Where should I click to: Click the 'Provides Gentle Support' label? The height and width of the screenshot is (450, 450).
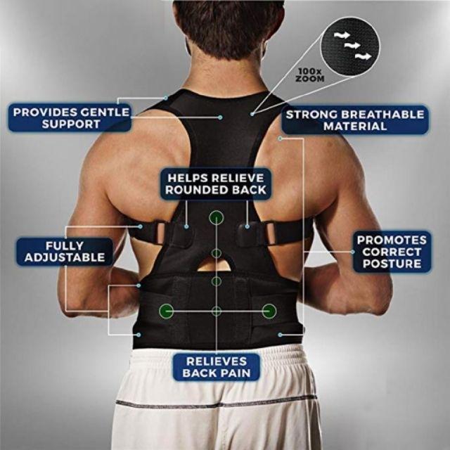[x=70, y=118]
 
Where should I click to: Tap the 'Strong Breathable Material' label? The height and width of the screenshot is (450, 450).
[x=355, y=120]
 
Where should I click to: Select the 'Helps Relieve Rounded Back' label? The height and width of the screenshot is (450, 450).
[x=216, y=184]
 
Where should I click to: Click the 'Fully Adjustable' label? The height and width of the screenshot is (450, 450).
[x=65, y=252]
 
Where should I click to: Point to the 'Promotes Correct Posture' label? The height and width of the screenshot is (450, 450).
[x=392, y=252]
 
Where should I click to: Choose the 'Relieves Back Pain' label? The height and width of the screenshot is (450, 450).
[x=217, y=367]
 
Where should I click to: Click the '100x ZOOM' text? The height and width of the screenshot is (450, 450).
[x=311, y=75]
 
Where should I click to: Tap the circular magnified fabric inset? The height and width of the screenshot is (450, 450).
[x=350, y=46]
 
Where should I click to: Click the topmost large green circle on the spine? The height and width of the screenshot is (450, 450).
[x=217, y=218]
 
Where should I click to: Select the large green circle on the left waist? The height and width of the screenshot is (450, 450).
[x=166, y=311]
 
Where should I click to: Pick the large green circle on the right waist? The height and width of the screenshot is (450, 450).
[x=269, y=311]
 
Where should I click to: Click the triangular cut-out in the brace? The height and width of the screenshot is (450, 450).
[x=216, y=264]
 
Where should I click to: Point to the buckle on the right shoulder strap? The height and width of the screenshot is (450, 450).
[x=271, y=232]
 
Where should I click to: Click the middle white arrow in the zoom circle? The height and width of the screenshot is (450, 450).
[x=352, y=45]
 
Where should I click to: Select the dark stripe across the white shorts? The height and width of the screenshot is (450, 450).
[x=216, y=402]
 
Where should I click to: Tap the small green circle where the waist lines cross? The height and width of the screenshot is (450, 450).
[x=217, y=311]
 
